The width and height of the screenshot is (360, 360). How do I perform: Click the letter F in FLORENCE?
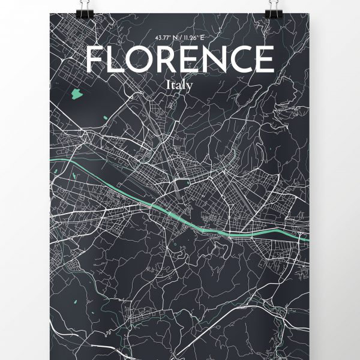point(95,59)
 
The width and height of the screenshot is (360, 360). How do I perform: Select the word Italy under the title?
point(180,85)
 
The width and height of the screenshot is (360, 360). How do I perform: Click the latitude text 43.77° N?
point(166,37)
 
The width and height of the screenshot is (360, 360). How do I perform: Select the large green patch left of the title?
point(77,94)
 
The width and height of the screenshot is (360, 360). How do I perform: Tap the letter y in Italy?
point(190,87)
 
